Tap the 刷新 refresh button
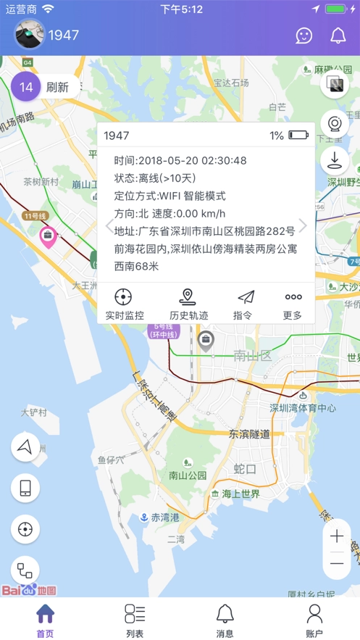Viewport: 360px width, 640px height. click(57, 88)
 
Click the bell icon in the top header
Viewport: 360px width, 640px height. click(338, 35)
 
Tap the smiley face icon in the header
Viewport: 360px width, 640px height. click(305, 35)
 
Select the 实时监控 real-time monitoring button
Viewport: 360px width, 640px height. click(124, 304)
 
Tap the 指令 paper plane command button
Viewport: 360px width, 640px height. click(246, 304)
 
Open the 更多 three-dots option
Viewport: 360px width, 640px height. click(293, 304)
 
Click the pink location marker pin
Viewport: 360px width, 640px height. click(48, 236)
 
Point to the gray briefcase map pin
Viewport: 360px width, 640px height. click(206, 340)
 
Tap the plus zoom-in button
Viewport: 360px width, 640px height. click(337, 536)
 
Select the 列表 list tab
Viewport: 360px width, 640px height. click(135, 620)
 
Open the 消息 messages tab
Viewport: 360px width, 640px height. click(225, 620)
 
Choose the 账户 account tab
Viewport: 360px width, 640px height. click(314, 620)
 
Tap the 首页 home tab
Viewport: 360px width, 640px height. click(45, 620)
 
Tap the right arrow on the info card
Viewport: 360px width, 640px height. click(303, 225)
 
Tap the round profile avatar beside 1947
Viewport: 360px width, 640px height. click(30, 34)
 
